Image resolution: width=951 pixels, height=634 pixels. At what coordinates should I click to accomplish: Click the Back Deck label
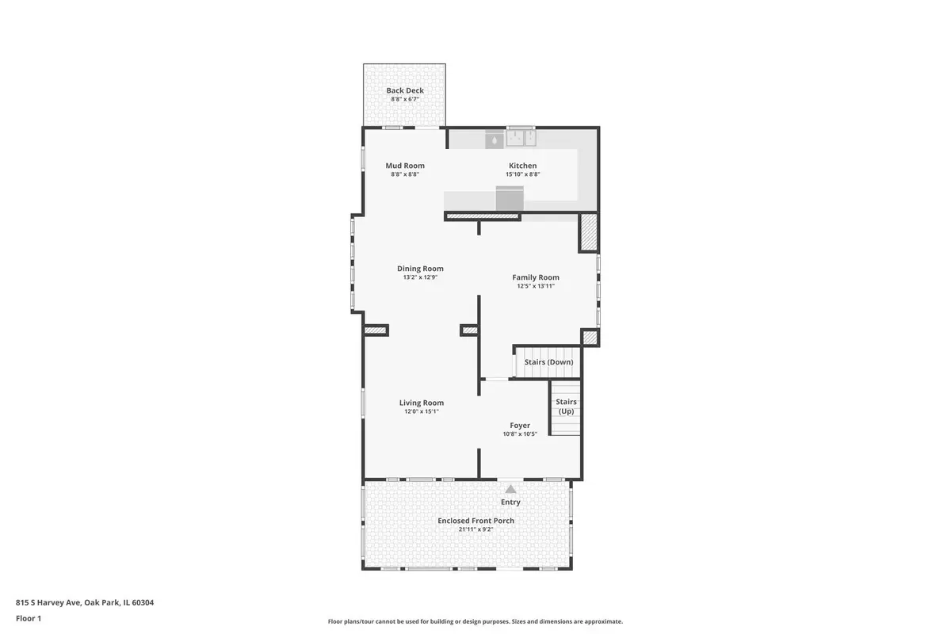(405, 90)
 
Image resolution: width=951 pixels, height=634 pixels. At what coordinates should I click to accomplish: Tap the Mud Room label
(405, 166)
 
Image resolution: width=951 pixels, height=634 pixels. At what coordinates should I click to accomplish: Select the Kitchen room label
(522, 166)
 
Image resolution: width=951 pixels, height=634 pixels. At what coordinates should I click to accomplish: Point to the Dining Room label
(420, 269)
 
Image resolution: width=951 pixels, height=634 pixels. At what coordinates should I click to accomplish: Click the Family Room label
(536, 277)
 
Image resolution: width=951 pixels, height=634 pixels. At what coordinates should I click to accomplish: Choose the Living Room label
(421, 403)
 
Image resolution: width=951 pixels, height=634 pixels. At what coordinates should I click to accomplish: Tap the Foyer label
(520, 425)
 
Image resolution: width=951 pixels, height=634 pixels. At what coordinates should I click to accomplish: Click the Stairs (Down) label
(548, 362)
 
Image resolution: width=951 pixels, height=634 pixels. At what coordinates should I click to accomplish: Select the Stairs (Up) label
(566, 407)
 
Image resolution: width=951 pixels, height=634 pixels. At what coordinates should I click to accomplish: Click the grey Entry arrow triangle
(510, 489)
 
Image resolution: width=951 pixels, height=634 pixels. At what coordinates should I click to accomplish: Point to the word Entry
(510, 502)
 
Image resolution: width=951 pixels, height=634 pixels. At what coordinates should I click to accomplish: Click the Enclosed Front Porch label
(475, 521)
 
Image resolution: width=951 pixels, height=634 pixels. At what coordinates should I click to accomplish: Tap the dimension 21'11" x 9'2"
(475, 529)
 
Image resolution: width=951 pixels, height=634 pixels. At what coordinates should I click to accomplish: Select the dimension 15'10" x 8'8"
(522, 174)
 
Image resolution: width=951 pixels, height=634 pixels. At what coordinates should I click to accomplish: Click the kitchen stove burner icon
(495, 139)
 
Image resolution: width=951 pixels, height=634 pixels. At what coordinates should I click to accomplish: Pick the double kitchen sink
(521, 138)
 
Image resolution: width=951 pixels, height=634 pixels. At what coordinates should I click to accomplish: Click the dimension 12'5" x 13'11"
(536, 286)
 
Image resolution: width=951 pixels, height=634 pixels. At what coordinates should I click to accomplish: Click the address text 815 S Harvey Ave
(48, 602)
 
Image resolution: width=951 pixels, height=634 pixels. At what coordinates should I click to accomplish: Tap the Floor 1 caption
(29, 618)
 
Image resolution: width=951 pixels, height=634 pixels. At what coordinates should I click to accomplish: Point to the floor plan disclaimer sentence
(475, 621)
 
